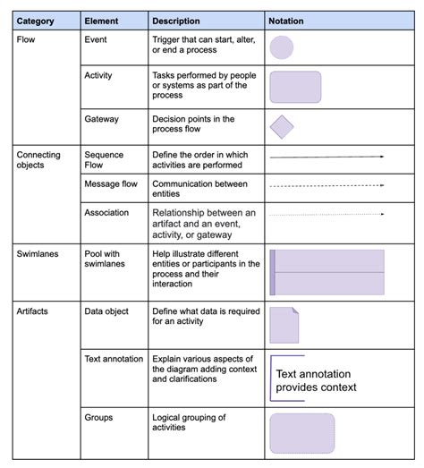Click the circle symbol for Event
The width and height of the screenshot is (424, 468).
pyautogui.click(x=282, y=48)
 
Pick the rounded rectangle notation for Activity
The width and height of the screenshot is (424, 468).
pyautogui.click(x=295, y=87)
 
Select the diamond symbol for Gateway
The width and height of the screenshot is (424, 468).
pyautogui.click(x=282, y=126)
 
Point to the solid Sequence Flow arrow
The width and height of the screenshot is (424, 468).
pyautogui.click(x=326, y=157)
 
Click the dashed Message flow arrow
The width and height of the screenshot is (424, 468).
pyautogui.click(x=326, y=186)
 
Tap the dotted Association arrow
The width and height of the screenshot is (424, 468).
pyautogui.click(x=326, y=214)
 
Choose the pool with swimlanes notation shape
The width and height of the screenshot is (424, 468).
pyautogui.click(x=326, y=272)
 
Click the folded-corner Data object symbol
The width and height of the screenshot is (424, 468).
pyautogui.click(x=284, y=326)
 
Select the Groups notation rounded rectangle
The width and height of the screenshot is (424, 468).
pyautogui.click(x=301, y=433)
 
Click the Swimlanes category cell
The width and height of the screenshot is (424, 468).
pyautogui.click(x=38, y=254)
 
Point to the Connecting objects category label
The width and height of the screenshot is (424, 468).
pyautogui.click(x=38, y=160)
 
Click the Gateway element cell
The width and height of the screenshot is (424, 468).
pyautogui.click(x=101, y=118)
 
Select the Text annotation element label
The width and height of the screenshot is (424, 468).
pyautogui.click(x=114, y=359)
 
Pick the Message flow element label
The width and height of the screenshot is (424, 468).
pyautogui.click(x=111, y=183)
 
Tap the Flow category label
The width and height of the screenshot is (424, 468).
pyautogui.click(x=27, y=39)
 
